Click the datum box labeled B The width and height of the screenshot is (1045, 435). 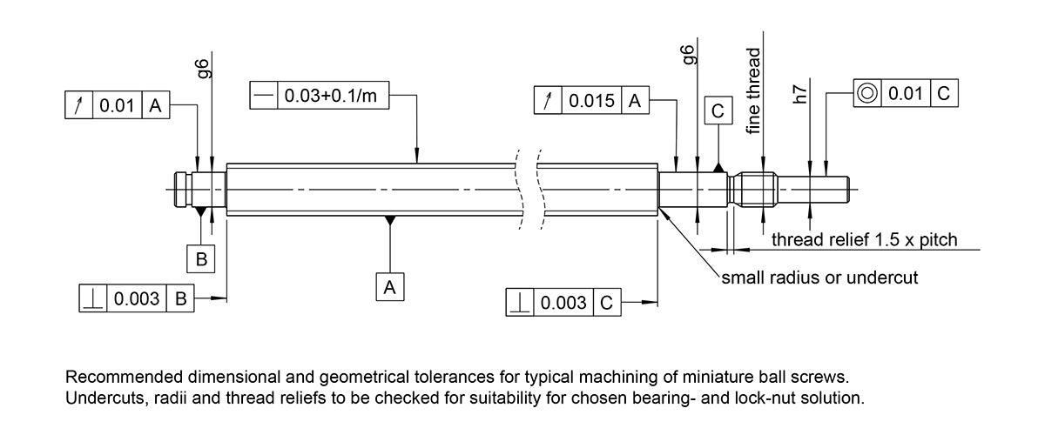pos(201,258)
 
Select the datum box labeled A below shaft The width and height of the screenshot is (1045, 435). pos(389,286)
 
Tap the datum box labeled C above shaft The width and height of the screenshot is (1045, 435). pos(717,112)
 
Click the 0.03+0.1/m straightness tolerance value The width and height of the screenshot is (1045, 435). pos(333,95)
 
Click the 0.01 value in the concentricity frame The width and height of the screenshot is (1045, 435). pos(906,93)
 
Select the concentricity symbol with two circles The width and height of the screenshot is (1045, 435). pos(866,93)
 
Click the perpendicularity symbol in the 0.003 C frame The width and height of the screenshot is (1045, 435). pos(520,303)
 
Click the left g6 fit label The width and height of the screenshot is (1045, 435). pos(203,68)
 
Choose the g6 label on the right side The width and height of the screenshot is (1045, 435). pos(688,55)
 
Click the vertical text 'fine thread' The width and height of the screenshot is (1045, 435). pos(754,90)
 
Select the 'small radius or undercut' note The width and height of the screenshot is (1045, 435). pos(819,278)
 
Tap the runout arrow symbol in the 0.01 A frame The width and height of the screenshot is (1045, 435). pos(78,106)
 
